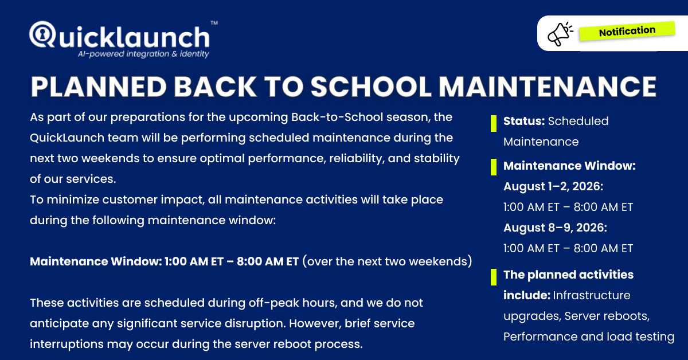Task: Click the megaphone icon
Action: pos(560,34)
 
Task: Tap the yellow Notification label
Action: pos(627,31)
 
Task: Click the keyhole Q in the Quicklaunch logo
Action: pos(42,34)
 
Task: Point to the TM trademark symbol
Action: pos(214,23)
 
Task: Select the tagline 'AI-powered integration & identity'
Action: pos(143,54)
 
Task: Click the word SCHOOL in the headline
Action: pos(371,87)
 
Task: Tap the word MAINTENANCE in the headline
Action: pos(548,87)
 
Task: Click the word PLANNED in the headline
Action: pos(99,87)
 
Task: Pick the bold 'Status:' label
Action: pos(524,121)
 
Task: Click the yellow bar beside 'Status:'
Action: pos(494,123)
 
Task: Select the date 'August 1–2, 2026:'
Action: pos(553,186)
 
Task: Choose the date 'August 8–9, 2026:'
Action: pos(555,228)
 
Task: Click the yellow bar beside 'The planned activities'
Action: pos(494,277)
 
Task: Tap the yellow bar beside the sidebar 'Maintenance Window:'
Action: pos(494,167)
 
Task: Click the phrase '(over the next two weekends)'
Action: pos(387,261)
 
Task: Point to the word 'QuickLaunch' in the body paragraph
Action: pos(67,138)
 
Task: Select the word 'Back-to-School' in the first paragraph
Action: pos(337,117)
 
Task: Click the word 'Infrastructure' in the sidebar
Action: pos(592,295)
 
